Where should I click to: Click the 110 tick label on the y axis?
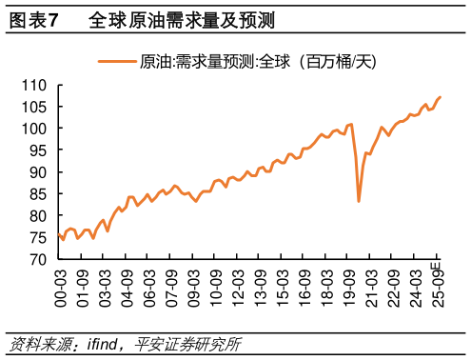coord(36,85)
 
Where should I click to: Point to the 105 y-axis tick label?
coord(36,107)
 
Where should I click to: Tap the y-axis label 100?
coord(36,129)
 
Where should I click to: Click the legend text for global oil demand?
coord(258,63)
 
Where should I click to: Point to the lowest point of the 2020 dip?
coord(359,201)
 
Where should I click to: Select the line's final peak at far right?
coord(440,97)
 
